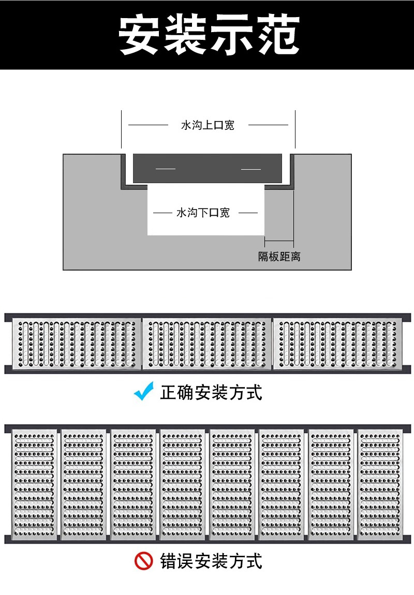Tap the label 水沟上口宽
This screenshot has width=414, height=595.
(208, 125)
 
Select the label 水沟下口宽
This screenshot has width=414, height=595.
(203, 213)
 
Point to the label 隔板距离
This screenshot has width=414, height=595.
(279, 256)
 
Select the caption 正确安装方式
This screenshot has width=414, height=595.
(211, 392)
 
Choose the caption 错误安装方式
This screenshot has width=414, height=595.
(211, 561)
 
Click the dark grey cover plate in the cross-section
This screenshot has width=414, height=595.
(208, 168)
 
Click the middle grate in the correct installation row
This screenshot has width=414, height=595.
(207, 343)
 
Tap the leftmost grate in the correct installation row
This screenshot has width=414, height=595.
(77, 343)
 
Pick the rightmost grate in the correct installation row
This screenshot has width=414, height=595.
(337, 343)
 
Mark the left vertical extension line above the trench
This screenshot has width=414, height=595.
(122, 129)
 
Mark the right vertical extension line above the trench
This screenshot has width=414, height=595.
(295, 129)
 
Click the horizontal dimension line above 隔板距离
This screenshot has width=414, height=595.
(279, 241)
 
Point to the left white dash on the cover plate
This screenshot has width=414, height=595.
(166, 169)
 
